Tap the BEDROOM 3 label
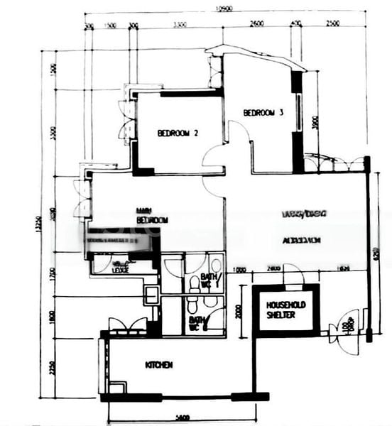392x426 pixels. point(263,112)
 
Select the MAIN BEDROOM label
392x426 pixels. point(152,215)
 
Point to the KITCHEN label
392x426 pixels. point(159,365)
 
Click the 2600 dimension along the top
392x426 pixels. point(256,24)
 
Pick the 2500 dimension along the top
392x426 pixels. point(332,24)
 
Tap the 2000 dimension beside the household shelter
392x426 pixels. point(239,310)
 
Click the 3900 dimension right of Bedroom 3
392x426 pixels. point(315,123)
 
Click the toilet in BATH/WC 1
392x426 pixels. point(195,283)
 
